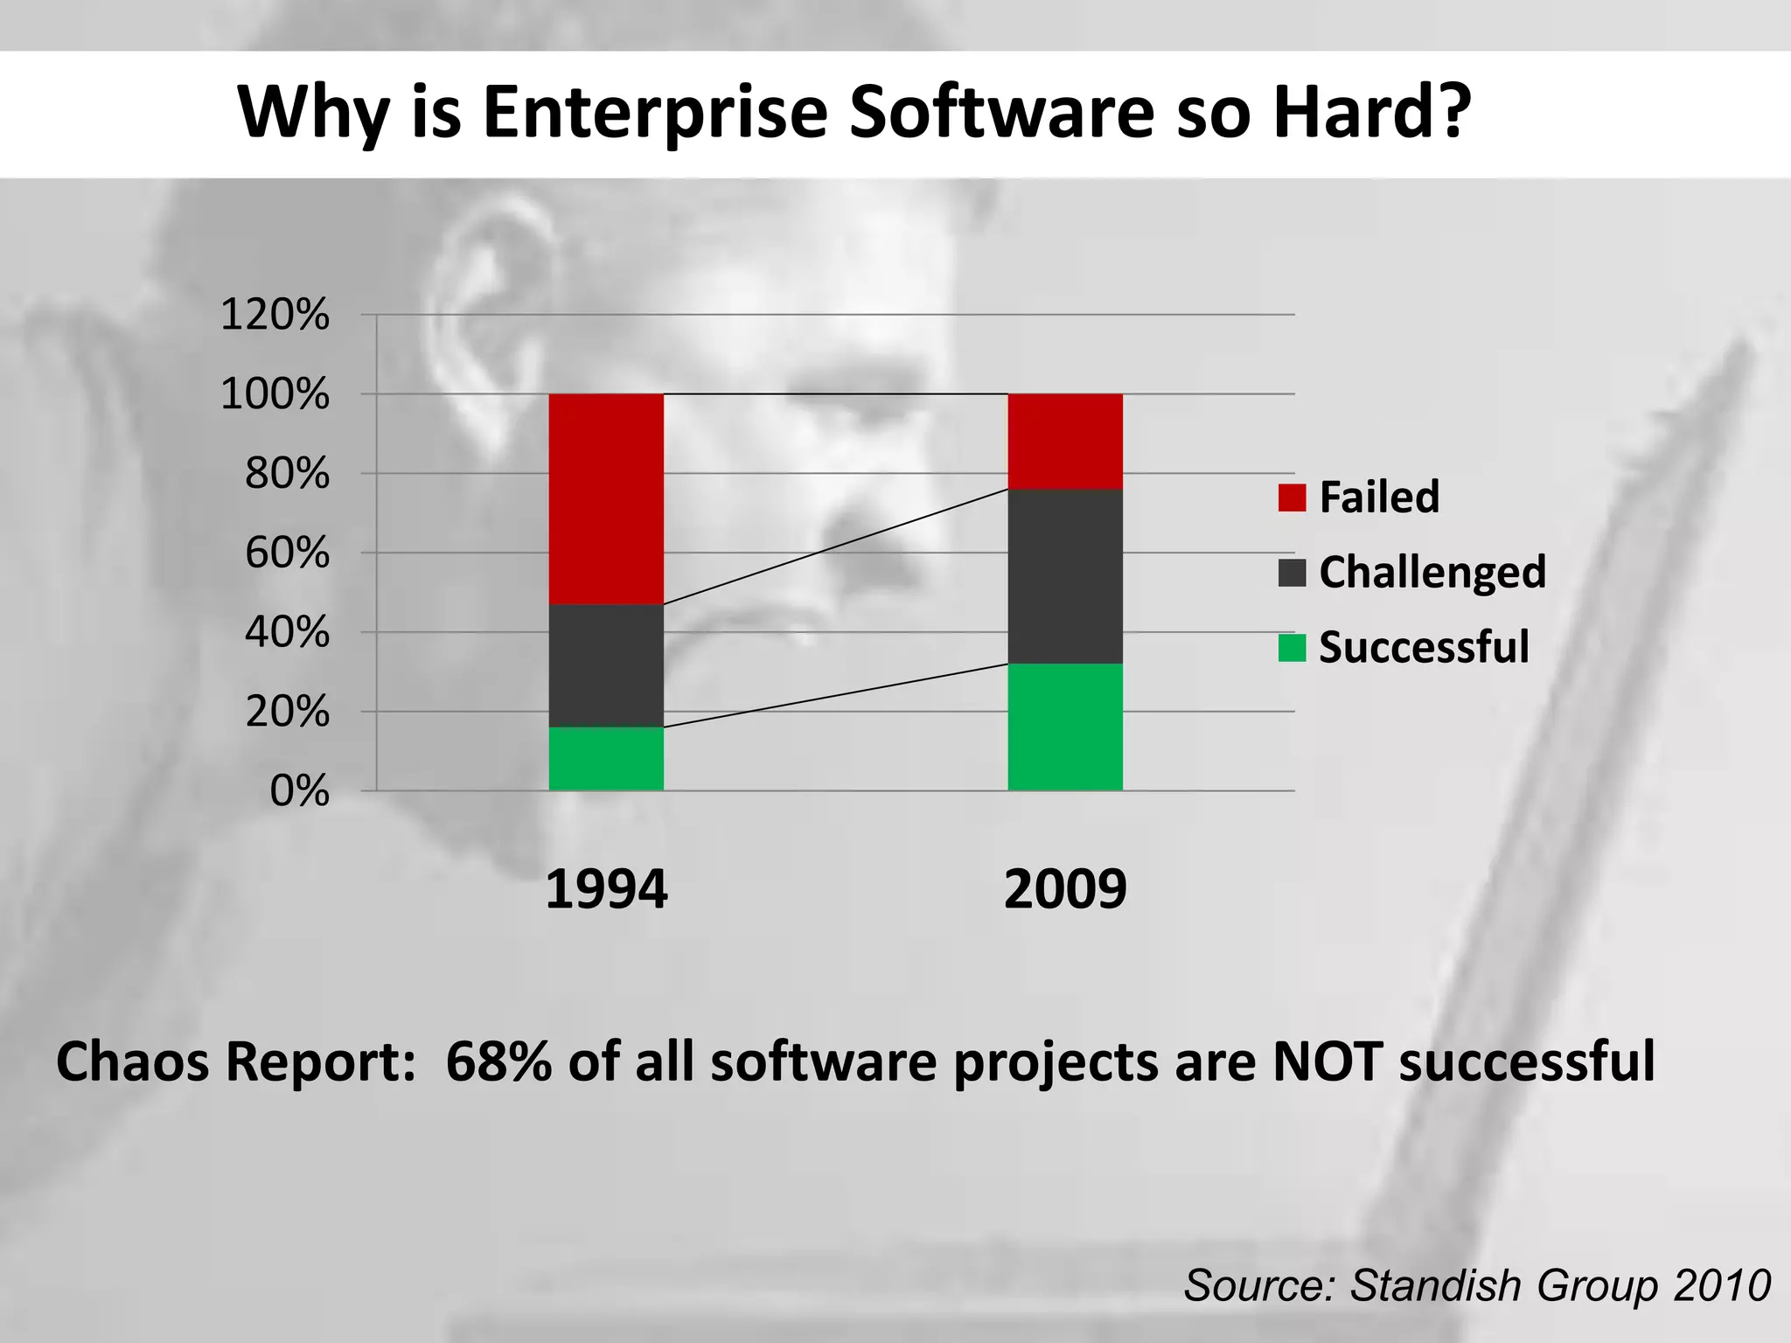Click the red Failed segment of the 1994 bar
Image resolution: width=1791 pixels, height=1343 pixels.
pyautogui.click(x=606, y=498)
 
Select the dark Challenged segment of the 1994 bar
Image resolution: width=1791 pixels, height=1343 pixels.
pyautogui.click(x=606, y=665)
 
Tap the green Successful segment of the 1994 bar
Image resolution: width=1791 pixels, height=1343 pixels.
pyautogui.click(x=606, y=759)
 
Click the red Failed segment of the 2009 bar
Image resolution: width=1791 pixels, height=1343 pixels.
pyautogui.click(x=1065, y=442)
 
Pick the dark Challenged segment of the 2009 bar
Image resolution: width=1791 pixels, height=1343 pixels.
pyautogui.click(x=1065, y=576)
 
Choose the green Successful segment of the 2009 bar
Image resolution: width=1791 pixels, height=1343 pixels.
pyautogui.click(x=1065, y=727)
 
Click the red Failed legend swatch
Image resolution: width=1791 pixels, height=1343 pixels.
pyautogui.click(x=1292, y=498)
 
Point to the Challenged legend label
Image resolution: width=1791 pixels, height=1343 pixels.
pyautogui.click(x=1432, y=573)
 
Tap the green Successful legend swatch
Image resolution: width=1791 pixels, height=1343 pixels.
pyautogui.click(x=1292, y=648)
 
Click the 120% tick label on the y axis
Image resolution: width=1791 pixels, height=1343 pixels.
pyautogui.click(x=275, y=315)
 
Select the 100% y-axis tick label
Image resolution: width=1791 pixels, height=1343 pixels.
pyautogui.click(x=275, y=394)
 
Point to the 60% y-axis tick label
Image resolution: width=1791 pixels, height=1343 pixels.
pyautogui.click(x=287, y=553)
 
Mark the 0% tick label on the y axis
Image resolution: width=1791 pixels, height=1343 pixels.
pyautogui.click(x=299, y=791)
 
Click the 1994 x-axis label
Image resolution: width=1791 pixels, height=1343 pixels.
pyautogui.click(x=606, y=889)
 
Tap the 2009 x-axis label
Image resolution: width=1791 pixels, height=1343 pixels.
pyautogui.click(x=1065, y=889)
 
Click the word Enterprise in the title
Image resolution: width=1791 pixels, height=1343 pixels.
pyautogui.click(x=655, y=114)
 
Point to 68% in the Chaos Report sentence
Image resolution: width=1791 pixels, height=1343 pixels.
pyautogui.click(x=498, y=1061)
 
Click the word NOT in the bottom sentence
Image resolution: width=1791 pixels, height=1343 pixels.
pyautogui.click(x=1328, y=1061)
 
